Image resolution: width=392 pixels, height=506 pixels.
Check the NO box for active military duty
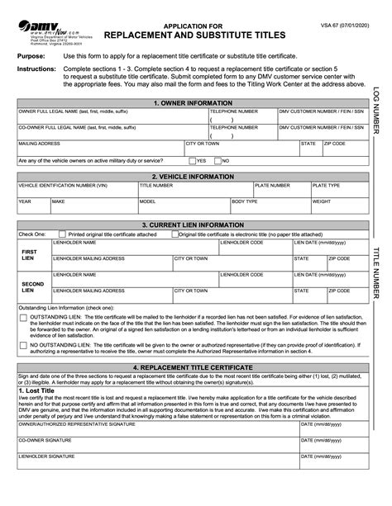218,160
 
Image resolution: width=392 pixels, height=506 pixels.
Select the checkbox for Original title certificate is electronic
174,234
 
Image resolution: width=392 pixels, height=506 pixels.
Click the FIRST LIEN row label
29,254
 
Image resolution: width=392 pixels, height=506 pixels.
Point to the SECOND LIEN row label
29,286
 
